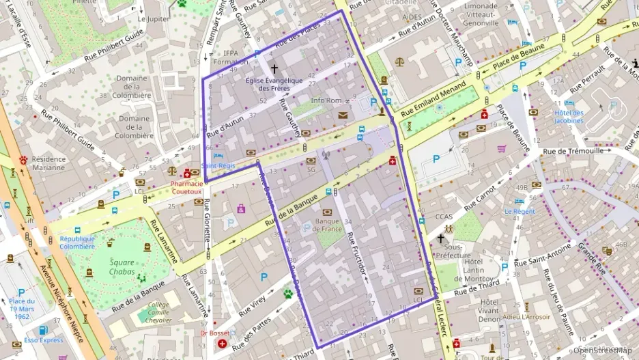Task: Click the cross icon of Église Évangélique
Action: point(274,69)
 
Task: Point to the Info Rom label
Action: point(326,101)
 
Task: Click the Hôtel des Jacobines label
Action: point(569,117)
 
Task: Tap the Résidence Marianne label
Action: point(48,163)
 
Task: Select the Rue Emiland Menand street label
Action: point(436,100)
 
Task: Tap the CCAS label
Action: point(444,217)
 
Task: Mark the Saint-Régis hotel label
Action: point(223,165)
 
